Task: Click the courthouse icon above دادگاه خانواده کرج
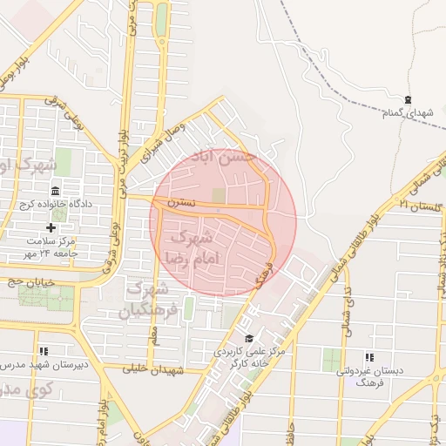(x=56, y=191)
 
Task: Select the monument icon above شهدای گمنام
(x=409, y=99)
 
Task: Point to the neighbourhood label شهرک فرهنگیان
(x=154, y=298)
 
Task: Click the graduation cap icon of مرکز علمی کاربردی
(x=249, y=338)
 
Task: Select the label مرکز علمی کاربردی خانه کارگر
(x=249, y=356)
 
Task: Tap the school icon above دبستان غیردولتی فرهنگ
(x=369, y=357)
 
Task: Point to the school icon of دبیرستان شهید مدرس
(x=44, y=351)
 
